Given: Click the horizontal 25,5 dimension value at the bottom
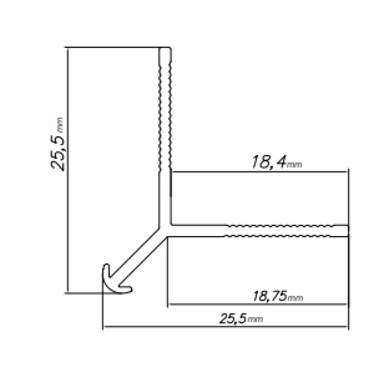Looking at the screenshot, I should point(233,319).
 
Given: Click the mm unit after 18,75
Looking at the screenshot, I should point(296,298).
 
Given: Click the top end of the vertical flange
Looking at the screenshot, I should point(165,50).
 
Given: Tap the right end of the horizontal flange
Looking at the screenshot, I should point(347,230).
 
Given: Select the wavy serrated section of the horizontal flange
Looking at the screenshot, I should point(285,230).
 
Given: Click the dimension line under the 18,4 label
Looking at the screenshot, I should point(259,172).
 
